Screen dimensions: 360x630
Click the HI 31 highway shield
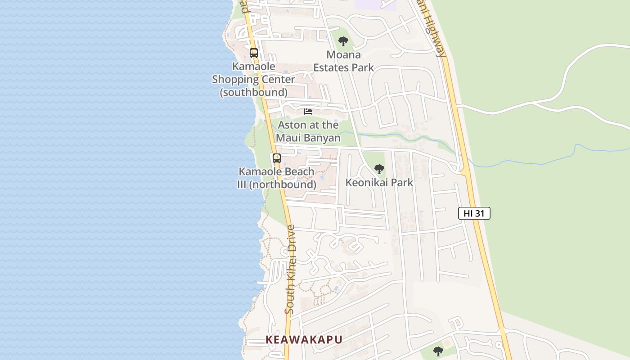[x=474, y=213]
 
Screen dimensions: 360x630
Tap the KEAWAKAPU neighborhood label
[x=304, y=340]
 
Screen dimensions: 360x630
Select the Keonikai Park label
[x=379, y=182]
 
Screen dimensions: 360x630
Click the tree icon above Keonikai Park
[x=379, y=169]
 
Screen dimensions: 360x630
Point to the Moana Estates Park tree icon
[x=343, y=41]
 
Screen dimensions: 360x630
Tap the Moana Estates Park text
[x=343, y=61]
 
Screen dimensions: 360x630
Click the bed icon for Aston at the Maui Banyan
[x=308, y=111]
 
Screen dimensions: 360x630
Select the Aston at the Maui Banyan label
[x=308, y=131]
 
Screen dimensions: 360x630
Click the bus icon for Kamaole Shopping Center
[x=254, y=53]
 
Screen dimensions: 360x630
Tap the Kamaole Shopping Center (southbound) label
[x=254, y=79]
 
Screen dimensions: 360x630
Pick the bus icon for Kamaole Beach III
[x=277, y=158]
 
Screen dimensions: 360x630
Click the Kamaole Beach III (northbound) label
[x=277, y=178]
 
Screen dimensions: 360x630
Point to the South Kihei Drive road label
[x=291, y=269]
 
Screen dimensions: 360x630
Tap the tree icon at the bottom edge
[x=438, y=351]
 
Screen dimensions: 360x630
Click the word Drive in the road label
[x=291, y=240]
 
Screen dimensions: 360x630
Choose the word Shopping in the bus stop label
[x=253, y=79]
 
